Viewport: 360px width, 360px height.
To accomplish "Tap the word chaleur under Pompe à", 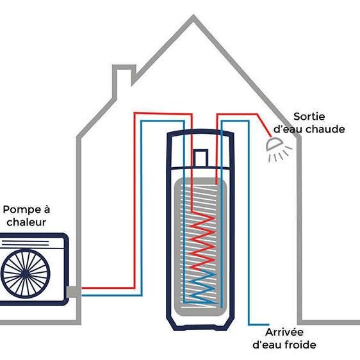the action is (x=26, y=222).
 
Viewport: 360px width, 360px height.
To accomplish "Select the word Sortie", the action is (x=309, y=117).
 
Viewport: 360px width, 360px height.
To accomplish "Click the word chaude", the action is (x=325, y=129).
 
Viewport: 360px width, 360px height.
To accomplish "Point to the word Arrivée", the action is (x=284, y=332).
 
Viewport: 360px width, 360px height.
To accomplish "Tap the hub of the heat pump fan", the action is (x=25, y=274).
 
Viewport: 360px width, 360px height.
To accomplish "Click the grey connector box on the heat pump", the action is (x=73, y=292).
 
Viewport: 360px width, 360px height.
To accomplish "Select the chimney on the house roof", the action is (x=124, y=80).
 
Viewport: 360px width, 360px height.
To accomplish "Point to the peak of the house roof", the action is (x=193, y=16).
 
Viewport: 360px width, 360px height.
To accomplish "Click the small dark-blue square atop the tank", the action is (x=200, y=158).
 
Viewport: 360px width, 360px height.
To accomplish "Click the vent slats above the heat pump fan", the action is (x=25, y=243).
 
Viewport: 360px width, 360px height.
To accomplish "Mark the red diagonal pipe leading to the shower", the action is (x=264, y=126).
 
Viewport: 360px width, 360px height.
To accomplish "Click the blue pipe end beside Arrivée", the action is (x=268, y=325).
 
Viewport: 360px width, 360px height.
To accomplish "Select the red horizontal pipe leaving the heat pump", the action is (x=108, y=288).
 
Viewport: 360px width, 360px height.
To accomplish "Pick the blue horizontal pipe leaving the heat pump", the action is (x=112, y=295).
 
